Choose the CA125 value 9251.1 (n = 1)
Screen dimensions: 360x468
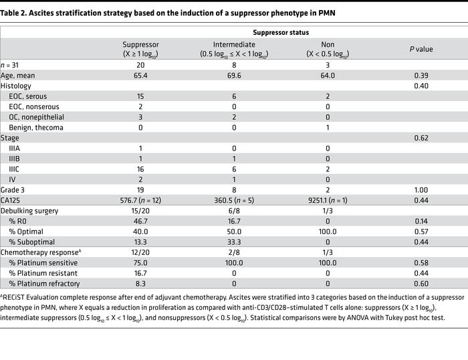point(324,200)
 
